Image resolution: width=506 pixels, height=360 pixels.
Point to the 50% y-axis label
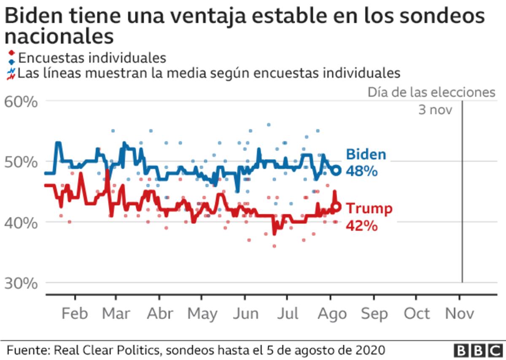pyautogui.click(x=21, y=162)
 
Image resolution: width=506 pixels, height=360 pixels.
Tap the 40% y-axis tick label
pyautogui.click(x=21, y=222)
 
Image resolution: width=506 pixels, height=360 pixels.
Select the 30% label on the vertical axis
pyautogui.click(x=21, y=283)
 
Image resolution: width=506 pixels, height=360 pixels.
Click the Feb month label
pyautogui.click(x=75, y=314)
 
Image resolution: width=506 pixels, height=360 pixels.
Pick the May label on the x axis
pyautogui.click(x=202, y=314)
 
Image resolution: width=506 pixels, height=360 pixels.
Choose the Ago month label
pyautogui.click(x=332, y=314)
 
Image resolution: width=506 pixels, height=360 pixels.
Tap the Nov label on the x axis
pyautogui.click(x=460, y=314)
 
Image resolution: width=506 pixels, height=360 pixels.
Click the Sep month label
pyautogui.click(x=374, y=314)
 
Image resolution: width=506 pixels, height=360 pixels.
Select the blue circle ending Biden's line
pyautogui.click(x=336, y=171)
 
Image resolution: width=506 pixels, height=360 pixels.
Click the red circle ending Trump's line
pyautogui.click(x=336, y=207)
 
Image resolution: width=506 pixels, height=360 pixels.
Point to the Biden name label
pyautogui.click(x=366, y=154)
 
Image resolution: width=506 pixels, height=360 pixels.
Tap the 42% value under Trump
pyautogui.click(x=361, y=226)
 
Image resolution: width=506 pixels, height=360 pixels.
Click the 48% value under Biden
pyautogui.click(x=361, y=171)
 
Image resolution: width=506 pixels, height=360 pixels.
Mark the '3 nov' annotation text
pyautogui.click(x=435, y=110)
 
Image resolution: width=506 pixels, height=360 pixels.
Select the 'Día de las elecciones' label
pyautogui.click(x=431, y=92)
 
